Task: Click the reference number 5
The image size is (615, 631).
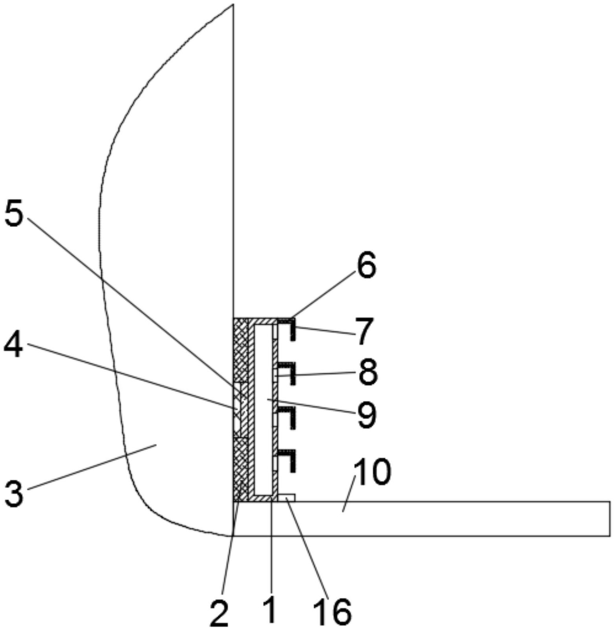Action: tap(14, 213)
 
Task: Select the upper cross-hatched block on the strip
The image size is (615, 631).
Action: tap(240, 350)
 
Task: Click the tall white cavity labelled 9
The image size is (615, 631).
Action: tap(263, 410)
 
